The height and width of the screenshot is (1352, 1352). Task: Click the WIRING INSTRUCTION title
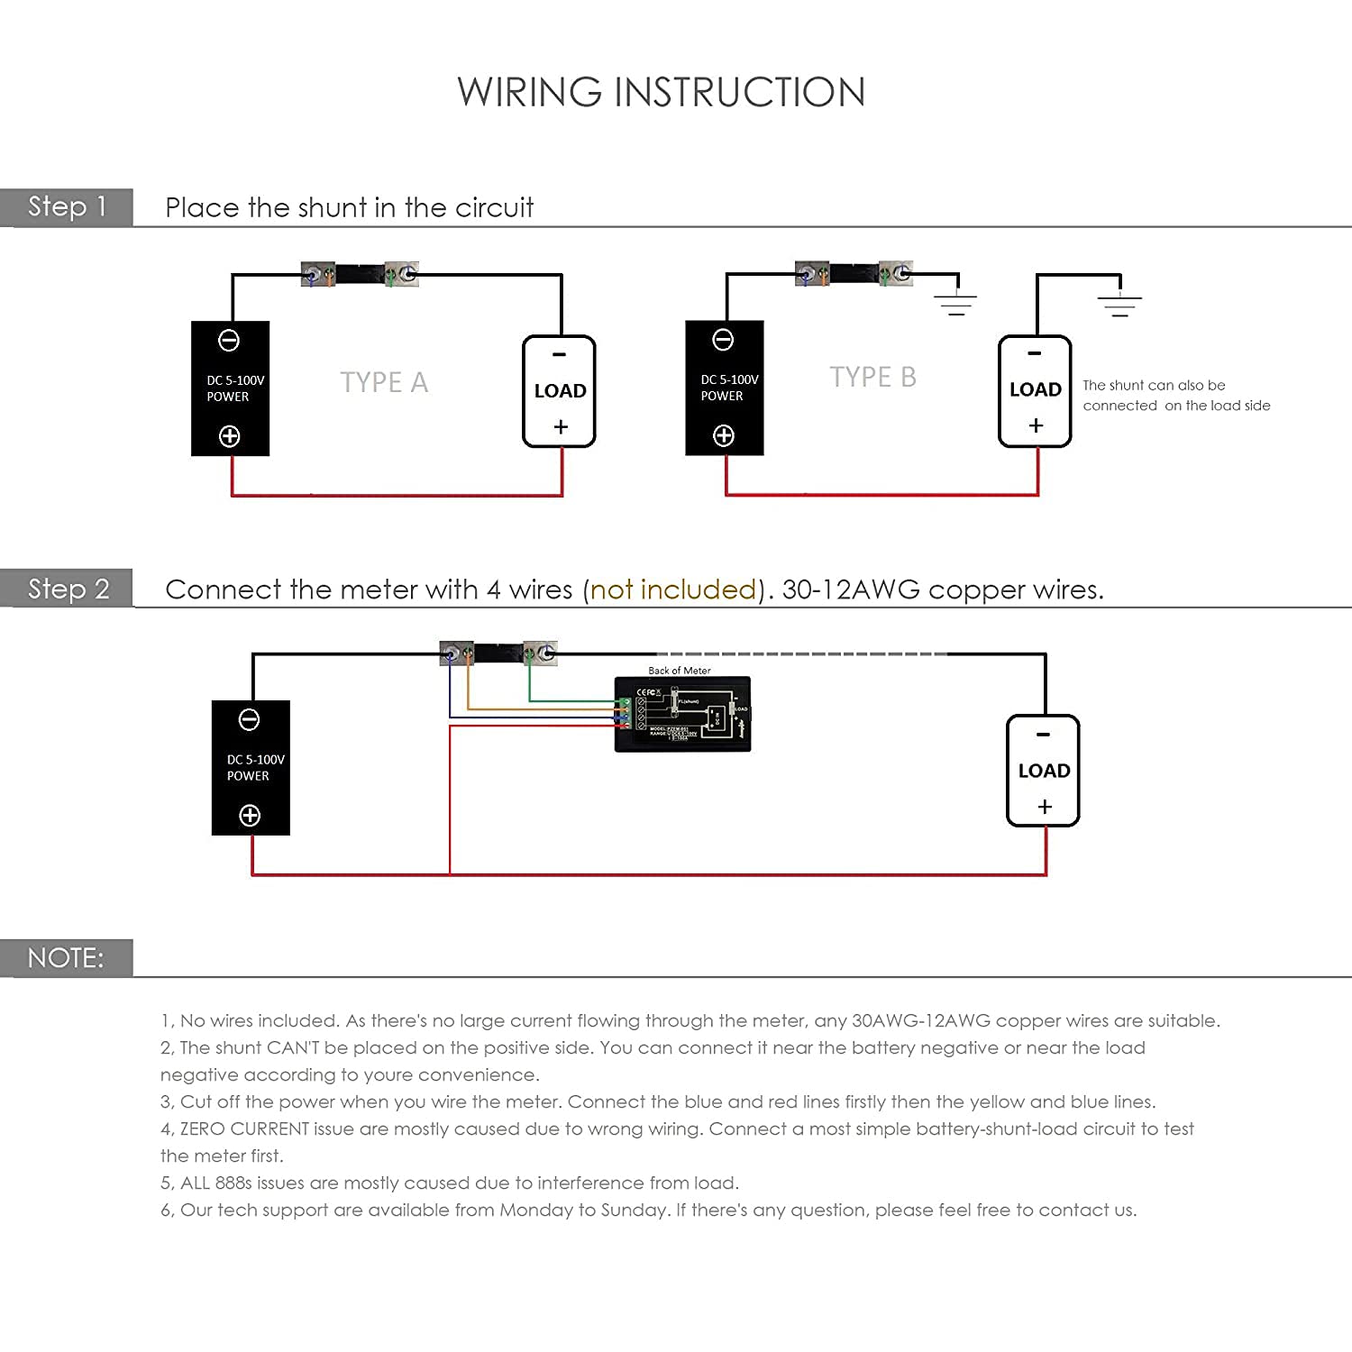click(661, 92)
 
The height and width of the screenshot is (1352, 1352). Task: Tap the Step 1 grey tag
click(67, 207)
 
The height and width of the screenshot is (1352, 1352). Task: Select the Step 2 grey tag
click(68, 589)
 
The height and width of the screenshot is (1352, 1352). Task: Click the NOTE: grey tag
click(66, 957)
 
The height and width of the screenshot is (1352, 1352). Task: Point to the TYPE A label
click(384, 382)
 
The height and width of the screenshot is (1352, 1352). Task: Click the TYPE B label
click(872, 377)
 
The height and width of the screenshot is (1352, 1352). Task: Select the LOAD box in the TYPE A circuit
click(560, 391)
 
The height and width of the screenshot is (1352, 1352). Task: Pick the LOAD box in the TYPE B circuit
click(1035, 390)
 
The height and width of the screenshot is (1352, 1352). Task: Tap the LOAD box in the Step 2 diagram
click(1043, 771)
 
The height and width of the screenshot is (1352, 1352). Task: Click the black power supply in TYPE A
click(230, 388)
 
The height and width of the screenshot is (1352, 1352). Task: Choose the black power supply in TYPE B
click(724, 388)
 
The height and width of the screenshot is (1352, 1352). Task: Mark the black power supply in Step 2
click(251, 768)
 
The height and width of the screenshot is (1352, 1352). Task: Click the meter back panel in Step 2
click(682, 715)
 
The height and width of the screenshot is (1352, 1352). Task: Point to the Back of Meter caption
click(680, 671)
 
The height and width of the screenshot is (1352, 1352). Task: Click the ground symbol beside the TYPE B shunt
click(956, 303)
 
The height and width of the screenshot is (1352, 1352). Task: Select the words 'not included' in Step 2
click(673, 589)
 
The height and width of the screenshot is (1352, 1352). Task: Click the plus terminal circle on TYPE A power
click(230, 436)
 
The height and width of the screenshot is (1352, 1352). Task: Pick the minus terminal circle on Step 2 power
click(250, 720)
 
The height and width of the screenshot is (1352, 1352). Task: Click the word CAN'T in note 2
click(293, 1047)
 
